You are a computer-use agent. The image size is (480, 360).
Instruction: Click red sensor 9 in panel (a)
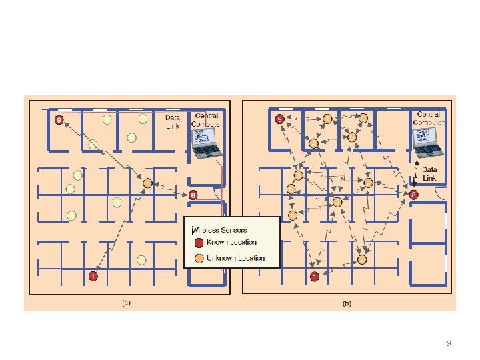pos(59,120)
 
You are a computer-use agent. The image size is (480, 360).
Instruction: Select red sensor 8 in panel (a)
pos(193,195)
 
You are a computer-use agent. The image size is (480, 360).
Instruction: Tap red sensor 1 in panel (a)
pos(93,275)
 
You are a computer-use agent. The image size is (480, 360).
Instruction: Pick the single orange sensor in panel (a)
pos(148,183)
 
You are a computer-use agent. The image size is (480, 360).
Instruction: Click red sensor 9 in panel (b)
pos(279,120)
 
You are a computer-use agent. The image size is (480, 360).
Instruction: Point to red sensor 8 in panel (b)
pos(413,195)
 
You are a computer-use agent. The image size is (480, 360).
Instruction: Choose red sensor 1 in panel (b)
pos(313,275)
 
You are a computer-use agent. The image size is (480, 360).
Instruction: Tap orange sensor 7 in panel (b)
pos(327,119)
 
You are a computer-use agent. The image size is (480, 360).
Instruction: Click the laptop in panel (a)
pos(205,143)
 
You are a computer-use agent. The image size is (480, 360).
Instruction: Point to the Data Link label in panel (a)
pos(173,121)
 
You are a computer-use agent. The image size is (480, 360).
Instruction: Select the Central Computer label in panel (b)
pos(428,118)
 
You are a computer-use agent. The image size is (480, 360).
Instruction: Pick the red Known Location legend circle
pos(198,243)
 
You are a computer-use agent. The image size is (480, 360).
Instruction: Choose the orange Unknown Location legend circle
pos(198,258)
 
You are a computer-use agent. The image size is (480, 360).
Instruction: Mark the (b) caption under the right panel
pos(347,303)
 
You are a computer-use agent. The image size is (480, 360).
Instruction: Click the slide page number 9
pos(449,343)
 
